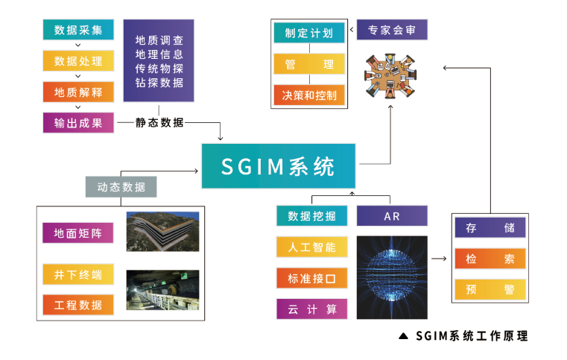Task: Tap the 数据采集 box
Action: [78, 30]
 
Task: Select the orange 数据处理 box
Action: [78, 61]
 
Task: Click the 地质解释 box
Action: [78, 92]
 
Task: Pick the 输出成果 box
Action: [78, 123]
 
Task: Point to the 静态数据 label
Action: [159, 123]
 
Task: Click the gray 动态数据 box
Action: [121, 186]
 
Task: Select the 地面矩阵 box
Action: [78, 233]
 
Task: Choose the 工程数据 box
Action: [78, 304]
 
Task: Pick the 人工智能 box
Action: [311, 247]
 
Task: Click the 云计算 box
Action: [311, 309]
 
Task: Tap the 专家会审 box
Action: [392, 31]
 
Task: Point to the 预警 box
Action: [490, 289]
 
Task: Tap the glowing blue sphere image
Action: [392, 277]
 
